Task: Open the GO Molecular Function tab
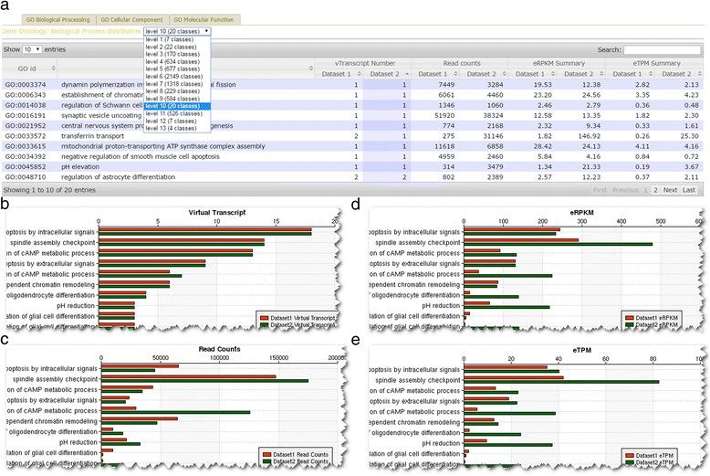point(203,19)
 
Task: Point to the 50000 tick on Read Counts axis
point(160,359)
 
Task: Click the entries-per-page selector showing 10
point(29,49)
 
